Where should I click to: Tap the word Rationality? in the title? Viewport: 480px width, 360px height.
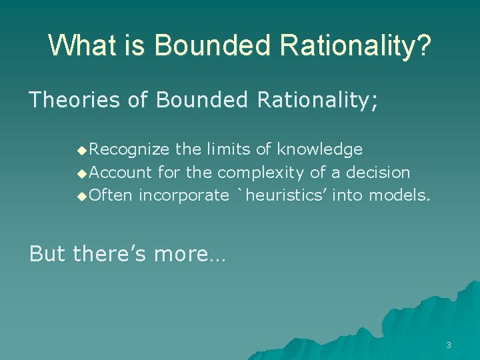coord(355,45)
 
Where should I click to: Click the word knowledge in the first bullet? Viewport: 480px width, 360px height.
coord(320,149)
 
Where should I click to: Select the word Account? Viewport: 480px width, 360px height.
coord(121,173)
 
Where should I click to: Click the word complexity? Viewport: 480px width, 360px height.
coord(263,173)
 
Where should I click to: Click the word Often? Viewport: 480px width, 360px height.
coord(111,195)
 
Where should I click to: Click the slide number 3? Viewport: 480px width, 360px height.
coord(449,345)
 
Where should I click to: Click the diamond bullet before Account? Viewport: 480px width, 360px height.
coord(82,173)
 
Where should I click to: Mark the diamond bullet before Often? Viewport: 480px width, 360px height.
coord(82,196)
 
